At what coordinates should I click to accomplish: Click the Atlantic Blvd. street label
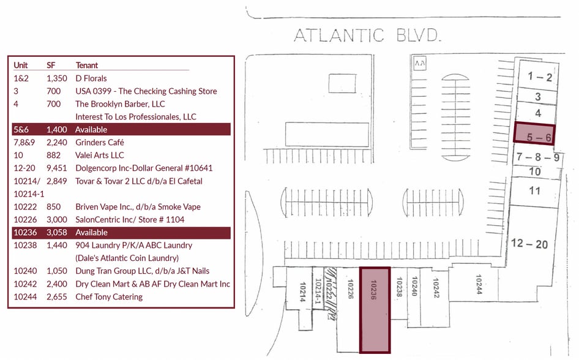pyautogui.click(x=367, y=36)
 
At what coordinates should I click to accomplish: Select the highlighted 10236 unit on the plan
pyautogui.click(x=374, y=310)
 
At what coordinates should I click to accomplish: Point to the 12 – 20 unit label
pyautogui.click(x=529, y=244)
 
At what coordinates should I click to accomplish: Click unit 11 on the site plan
pyautogui.click(x=535, y=191)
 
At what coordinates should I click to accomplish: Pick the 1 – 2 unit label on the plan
pyautogui.click(x=540, y=77)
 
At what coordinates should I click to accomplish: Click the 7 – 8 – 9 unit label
pyautogui.click(x=537, y=157)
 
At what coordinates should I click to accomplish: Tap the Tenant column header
pyautogui.click(x=86, y=66)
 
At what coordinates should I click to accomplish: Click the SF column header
pyautogui.click(x=51, y=66)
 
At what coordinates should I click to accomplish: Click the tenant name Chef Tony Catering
pyautogui.click(x=109, y=297)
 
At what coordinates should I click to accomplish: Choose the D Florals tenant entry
pyautogui.click(x=91, y=78)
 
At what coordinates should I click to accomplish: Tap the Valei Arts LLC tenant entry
pyautogui.click(x=99, y=156)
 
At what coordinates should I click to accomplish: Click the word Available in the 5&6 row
pyautogui.click(x=91, y=130)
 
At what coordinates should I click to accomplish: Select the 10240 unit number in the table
pyautogui.click(x=25, y=271)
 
